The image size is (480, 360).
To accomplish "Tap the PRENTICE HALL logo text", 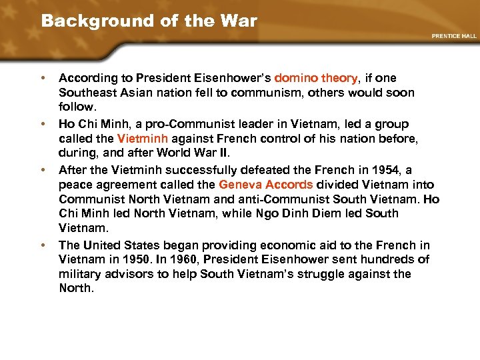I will [455, 36].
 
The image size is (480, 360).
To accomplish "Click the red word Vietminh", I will [142, 139].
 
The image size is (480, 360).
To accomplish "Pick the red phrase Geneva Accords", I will [265, 184].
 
